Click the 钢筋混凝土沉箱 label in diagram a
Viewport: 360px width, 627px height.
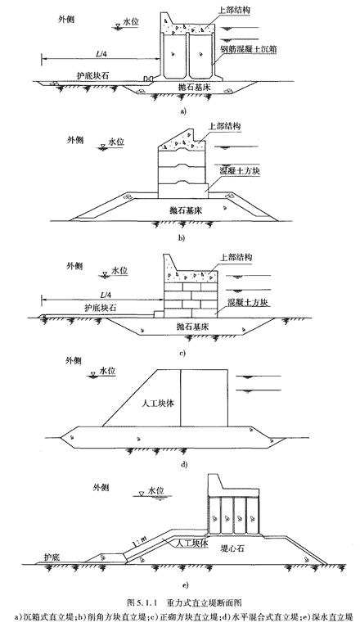click(249, 49)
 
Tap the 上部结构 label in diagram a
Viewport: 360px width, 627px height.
click(235, 11)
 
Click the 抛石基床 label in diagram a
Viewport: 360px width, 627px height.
click(196, 87)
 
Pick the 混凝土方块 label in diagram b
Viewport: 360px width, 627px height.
click(239, 172)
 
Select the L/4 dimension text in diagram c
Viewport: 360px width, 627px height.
click(105, 295)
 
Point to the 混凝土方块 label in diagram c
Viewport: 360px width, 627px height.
click(244, 301)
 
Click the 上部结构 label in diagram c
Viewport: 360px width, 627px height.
click(236, 257)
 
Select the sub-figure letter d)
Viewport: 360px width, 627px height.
click(184, 465)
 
